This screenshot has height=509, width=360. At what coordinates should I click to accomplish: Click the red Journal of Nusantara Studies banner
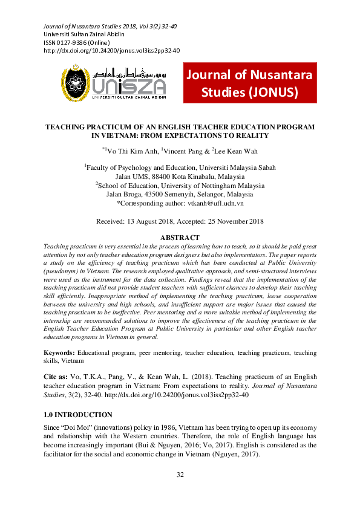[249, 83]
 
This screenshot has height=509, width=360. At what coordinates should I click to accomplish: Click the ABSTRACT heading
[180, 238]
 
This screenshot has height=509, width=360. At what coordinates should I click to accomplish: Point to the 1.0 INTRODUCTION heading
[78, 415]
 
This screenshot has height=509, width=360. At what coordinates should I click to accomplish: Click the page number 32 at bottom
[180, 475]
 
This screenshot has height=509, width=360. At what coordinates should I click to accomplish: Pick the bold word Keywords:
[59, 352]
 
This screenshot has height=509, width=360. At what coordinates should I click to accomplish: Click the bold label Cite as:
[56, 375]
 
